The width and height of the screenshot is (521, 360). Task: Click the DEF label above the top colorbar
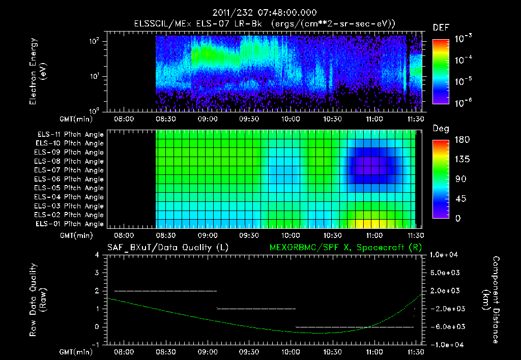pos(441,27)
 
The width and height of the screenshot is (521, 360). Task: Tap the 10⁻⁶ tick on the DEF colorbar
pos(464,102)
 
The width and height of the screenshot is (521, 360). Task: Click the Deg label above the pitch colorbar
pos(441,129)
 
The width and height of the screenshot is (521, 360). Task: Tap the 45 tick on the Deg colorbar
pos(459,199)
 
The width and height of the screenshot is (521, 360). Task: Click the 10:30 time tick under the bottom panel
pos(332,351)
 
